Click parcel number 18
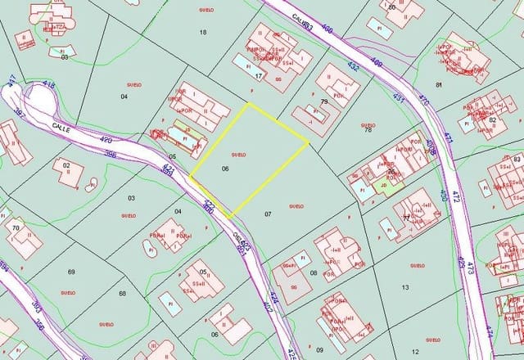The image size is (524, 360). pos(203,32)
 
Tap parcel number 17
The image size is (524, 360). pos(259,76)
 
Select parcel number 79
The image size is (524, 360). pos(324,102)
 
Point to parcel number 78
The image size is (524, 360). pos(368,130)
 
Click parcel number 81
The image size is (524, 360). pos(439,84)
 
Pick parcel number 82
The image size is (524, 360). pos(492,119)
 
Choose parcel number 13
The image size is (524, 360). pos(405,287)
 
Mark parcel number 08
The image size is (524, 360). pos(314,273)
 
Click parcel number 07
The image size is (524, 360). pos(268,213)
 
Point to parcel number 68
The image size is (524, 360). pos(123,293)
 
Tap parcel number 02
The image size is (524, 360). pos(67,164)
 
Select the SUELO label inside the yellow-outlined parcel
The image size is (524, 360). pos(238,154)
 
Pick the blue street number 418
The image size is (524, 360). pos(47,84)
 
